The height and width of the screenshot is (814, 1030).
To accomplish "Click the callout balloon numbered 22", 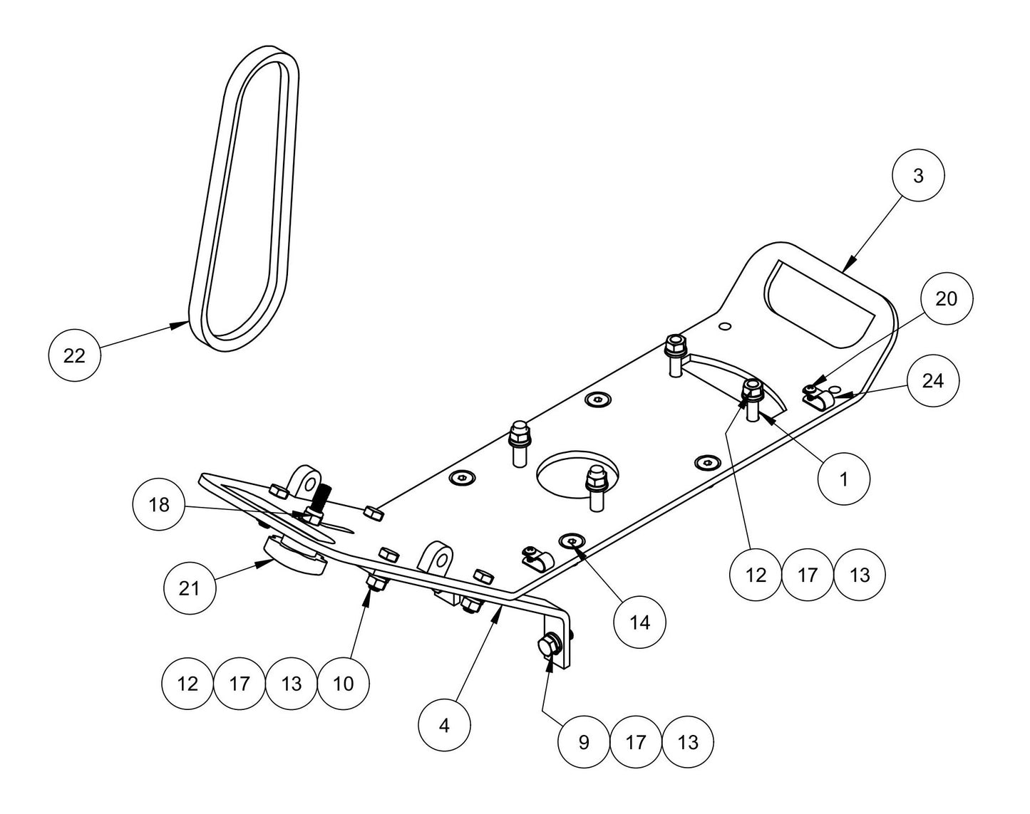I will click(x=74, y=355).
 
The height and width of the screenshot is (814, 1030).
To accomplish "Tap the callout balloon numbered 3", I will click(x=917, y=176).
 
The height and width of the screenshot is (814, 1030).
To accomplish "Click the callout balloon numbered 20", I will click(x=946, y=299).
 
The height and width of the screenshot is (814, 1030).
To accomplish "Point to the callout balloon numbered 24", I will click(x=932, y=382).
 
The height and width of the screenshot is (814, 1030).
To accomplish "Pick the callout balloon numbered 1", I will click(x=844, y=479).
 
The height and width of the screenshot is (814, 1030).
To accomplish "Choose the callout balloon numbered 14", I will click(x=640, y=622).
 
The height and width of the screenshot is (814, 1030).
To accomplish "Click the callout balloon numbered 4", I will click(x=445, y=726).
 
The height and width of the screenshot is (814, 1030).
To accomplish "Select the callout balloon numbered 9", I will click(x=584, y=743).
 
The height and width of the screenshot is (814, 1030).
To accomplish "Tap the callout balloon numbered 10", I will click(x=344, y=684).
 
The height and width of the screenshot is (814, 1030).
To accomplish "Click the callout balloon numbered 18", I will click(x=159, y=505).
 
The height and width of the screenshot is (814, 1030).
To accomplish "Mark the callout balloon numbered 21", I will click(x=189, y=589).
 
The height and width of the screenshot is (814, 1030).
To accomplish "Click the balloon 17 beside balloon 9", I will click(x=636, y=743).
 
